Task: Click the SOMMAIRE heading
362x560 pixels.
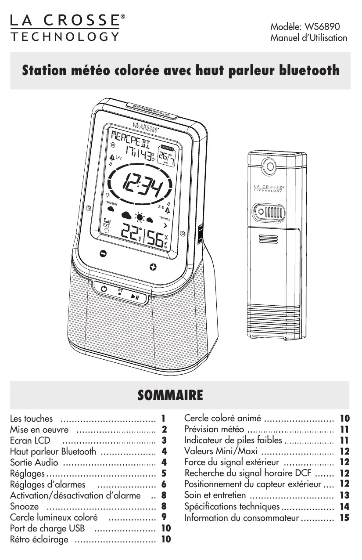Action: [170, 395]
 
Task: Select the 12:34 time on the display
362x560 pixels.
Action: [141, 183]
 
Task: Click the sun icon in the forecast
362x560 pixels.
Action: [140, 217]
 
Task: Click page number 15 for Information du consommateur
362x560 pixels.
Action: [344, 518]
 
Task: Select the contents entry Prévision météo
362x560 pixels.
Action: [214, 429]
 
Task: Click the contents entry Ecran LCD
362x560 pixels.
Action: [30, 441]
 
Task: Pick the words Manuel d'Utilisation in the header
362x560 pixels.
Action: [308, 38]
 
